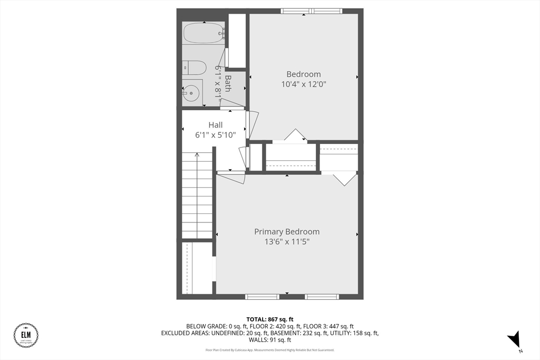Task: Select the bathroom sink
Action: coord(192,92)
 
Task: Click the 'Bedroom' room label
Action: coord(303,74)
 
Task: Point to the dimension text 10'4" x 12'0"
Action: coord(303,84)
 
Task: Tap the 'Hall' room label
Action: coord(215,125)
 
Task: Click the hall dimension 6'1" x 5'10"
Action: coord(215,135)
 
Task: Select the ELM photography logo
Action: coord(26,335)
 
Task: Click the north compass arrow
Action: coord(514,339)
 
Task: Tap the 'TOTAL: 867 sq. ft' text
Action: coord(269,319)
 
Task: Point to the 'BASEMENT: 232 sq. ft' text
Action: coord(303,333)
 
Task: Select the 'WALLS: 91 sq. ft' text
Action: coord(269,340)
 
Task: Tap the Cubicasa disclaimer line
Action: coord(269,350)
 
